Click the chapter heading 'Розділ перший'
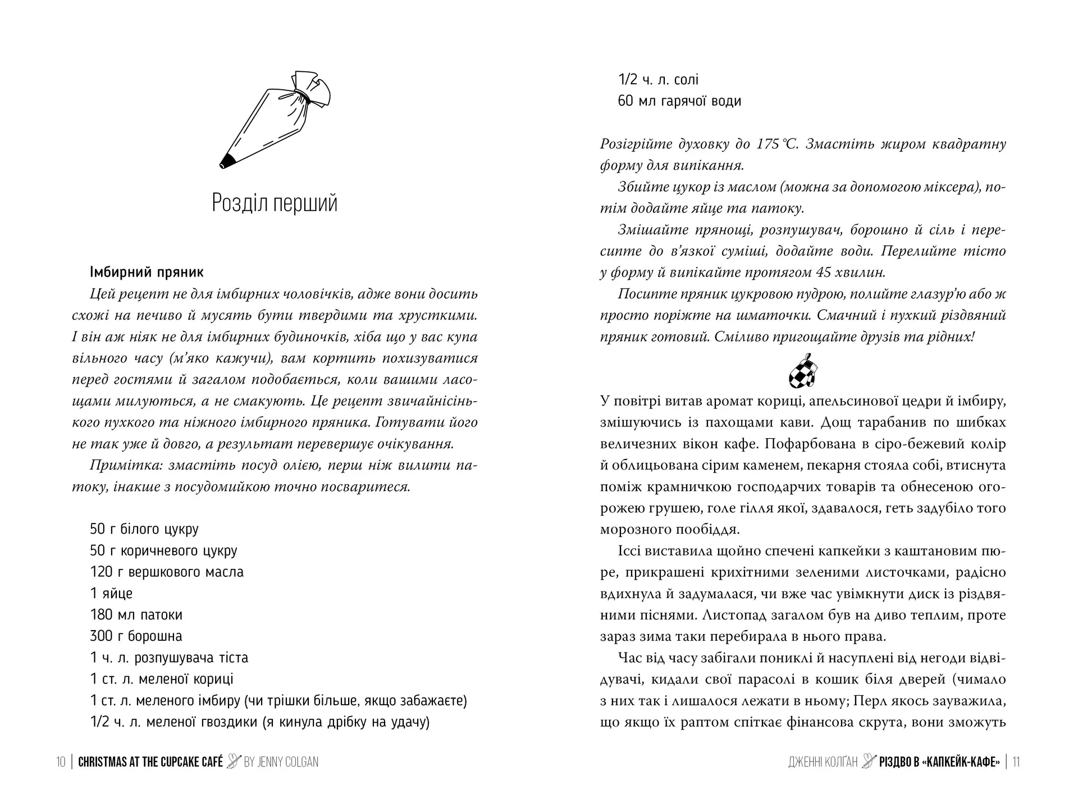point(275,203)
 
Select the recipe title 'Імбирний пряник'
point(147,273)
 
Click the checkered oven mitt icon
point(803,371)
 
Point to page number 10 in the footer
point(61,762)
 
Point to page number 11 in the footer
point(1016,762)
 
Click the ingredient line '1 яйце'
point(111,594)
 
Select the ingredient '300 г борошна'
point(136,636)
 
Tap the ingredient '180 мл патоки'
point(136,615)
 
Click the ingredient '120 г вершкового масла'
point(167,572)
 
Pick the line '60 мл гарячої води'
point(679,102)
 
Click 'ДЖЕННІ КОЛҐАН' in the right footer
point(823,762)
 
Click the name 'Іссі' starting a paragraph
point(629,551)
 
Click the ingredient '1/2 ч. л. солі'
point(658,80)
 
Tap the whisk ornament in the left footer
point(234,761)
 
